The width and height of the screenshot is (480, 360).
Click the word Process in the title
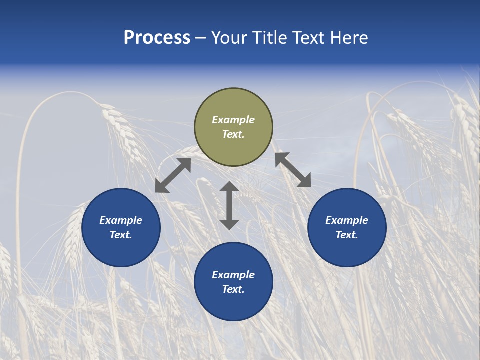pyautogui.click(x=157, y=38)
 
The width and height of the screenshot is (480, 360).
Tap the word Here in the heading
pyautogui.click(x=348, y=38)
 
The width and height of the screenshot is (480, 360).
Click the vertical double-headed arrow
pyautogui.click(x=229, y=205)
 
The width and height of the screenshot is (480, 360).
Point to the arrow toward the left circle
pyautogui.click(x=173, y=175)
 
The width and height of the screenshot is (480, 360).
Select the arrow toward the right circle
pyautogui.click(x=293, y=170)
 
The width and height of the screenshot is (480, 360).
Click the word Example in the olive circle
pyautogui.click(x=233, y=120)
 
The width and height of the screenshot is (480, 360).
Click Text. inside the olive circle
pyautogui.click(x=233, y=134)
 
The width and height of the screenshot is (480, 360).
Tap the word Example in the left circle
pyautogui.click(x=121, y=220)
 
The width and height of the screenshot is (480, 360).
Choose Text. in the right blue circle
pyautogui.click(x=347, y=235)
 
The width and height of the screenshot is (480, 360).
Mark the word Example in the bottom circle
pyautogui.click(x=233, y=275)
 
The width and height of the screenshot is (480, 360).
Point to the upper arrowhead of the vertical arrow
pyautogui.click(x=229, y=188)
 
